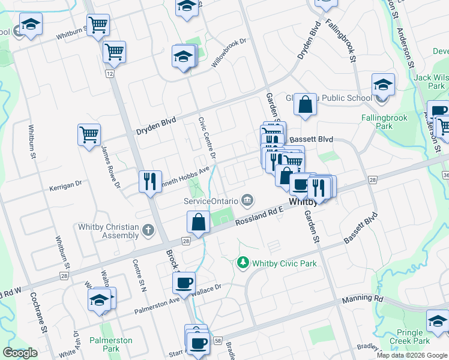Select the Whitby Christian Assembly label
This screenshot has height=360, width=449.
pos(108,231)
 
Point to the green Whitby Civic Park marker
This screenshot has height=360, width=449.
pos(243,263)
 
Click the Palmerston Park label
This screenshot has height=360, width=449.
pos(111,344)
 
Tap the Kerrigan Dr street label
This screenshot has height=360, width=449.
pos(66,186)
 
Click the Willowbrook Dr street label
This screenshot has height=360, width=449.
pos(229,53)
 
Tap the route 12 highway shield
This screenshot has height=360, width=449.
pos(109,73)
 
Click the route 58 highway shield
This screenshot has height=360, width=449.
pos(218,340)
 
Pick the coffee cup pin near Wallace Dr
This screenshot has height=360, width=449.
pos(185,281)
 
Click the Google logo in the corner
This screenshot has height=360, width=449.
pos(20,353)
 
